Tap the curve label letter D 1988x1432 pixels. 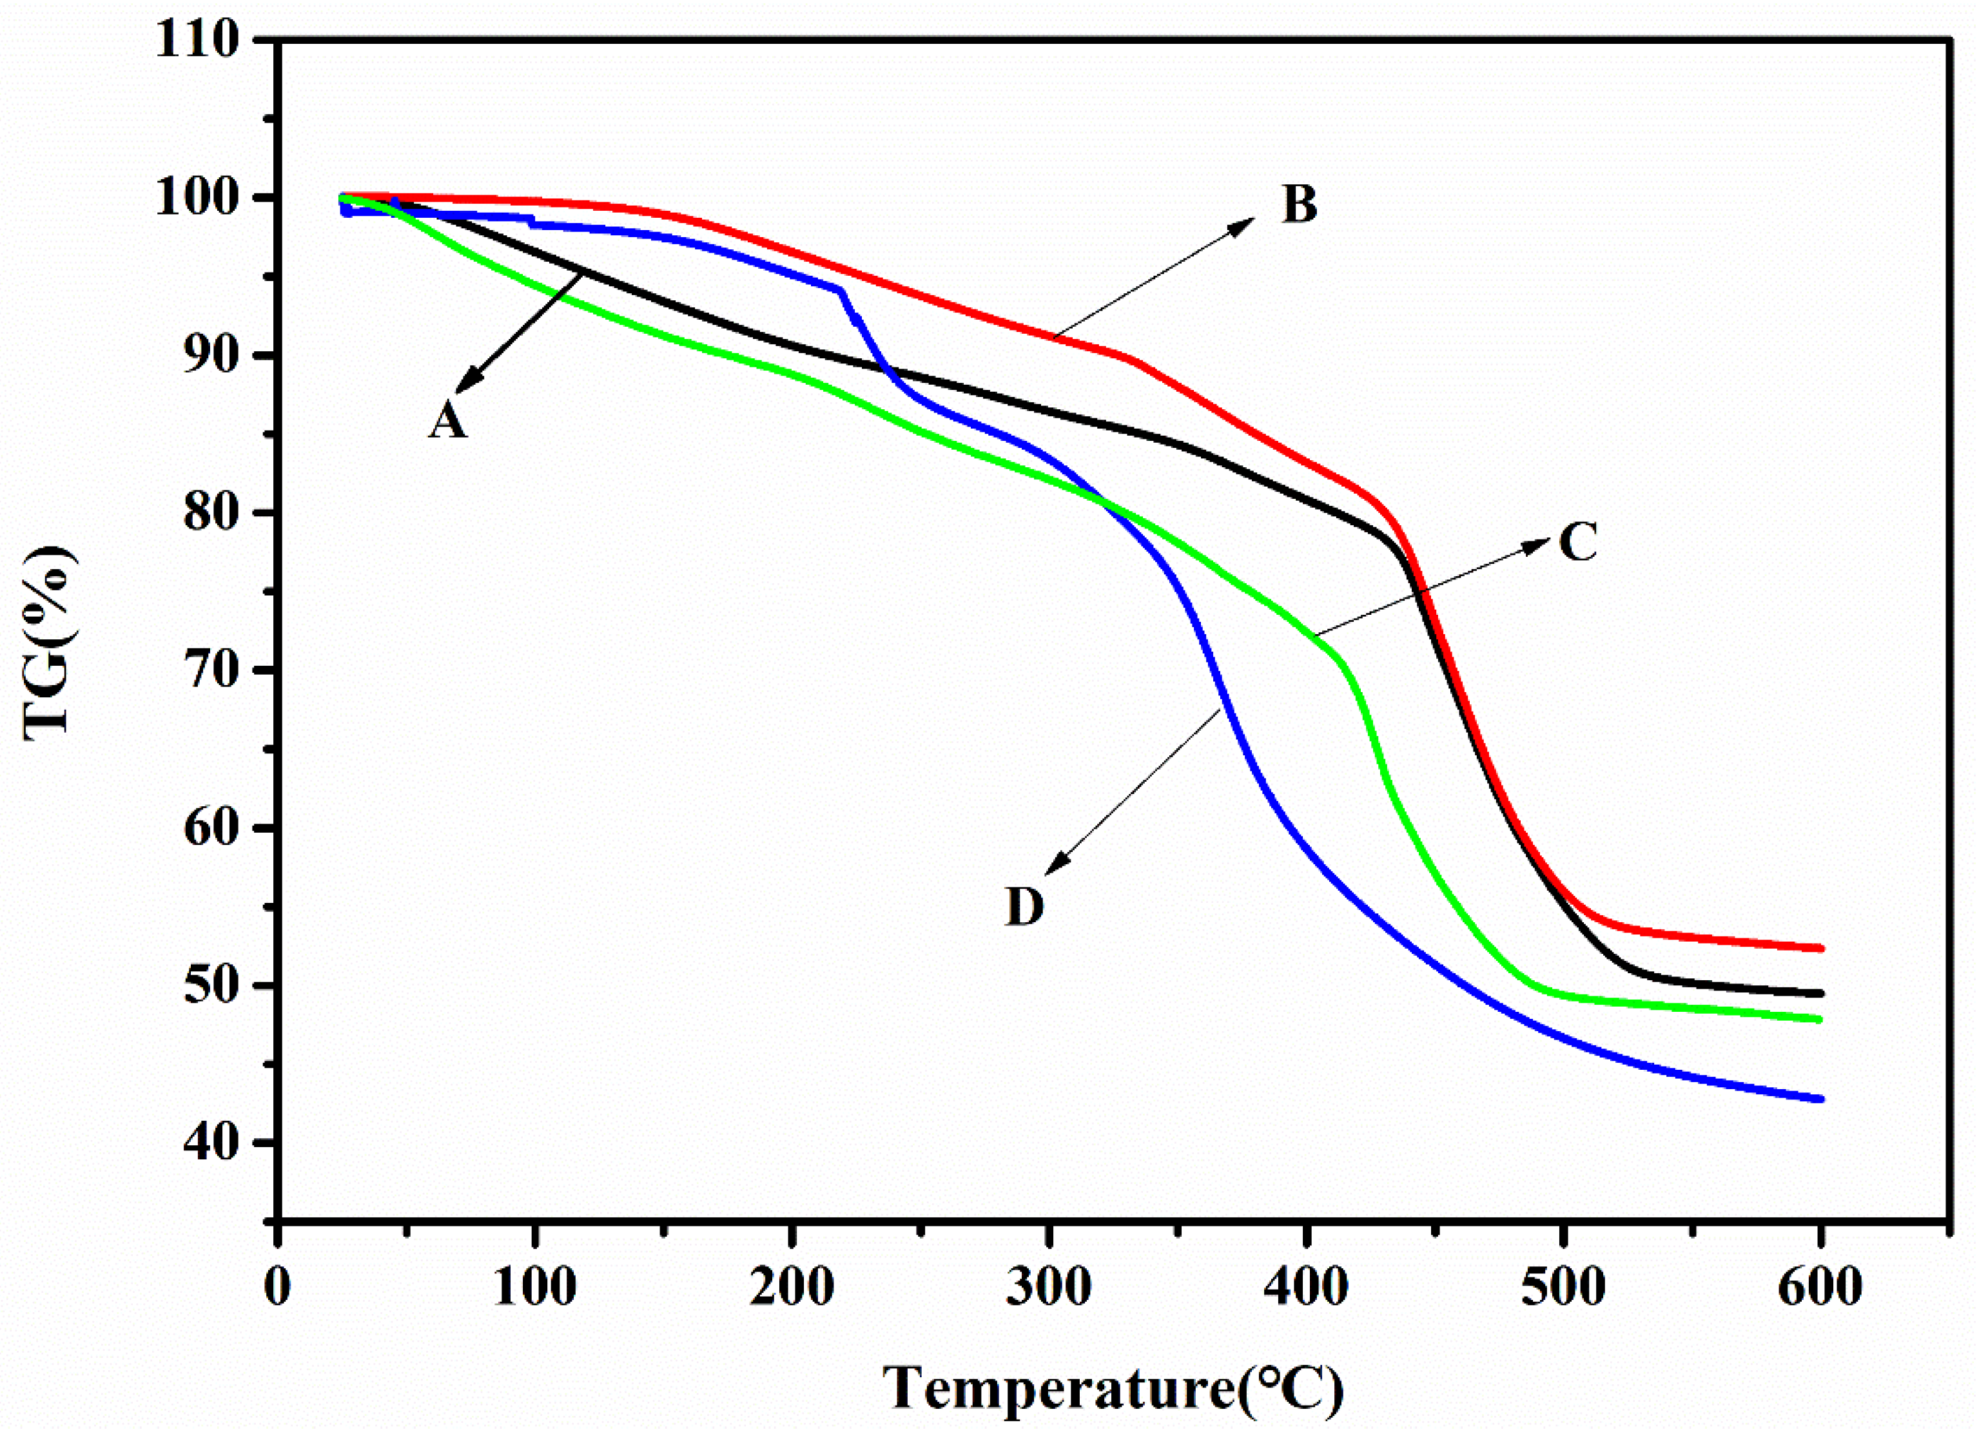pyautogui.click(x=1024, y=906)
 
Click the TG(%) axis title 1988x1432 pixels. pyautogui.click(x=48, y=644)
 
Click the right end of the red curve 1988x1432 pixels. pyautogui.click(x=1820, y=948)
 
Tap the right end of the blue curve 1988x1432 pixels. pyautogui.click(x=1820, y=1099)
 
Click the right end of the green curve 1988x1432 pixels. pyautogui.click(x=1820, y=1020)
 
